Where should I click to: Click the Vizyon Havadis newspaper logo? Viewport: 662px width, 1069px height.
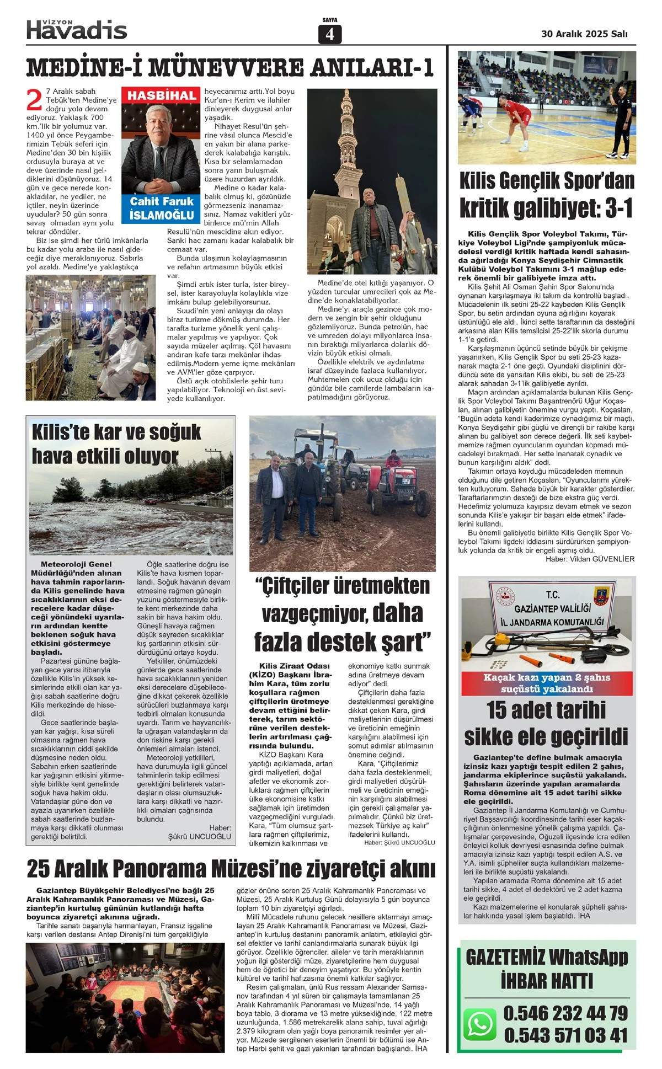pyautogui.click(x=77, y=29)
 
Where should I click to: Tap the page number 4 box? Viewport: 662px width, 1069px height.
pyautogui.click(x=330, y=34)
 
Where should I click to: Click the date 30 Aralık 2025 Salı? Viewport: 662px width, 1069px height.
pyautogui.click(x=584, y=34)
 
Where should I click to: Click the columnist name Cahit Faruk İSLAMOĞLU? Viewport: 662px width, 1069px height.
pyautogui.click(x=162, y=209)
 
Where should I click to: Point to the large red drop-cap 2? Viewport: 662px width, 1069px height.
pyautogui.click(x=34, y=100)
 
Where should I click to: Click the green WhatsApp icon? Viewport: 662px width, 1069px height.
pyautogui.click(x=480, y=1024)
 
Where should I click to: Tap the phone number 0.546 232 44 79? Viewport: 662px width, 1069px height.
pyautogui.click(x=565, y=1013)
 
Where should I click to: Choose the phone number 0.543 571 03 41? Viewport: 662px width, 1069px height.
pyautogui.click(x=565, y=1035)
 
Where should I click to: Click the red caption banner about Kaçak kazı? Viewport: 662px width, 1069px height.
pyautogui.click(x=547, y=683)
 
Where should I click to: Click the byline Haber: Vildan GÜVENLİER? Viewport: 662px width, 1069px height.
pyautogui.click(x=590, y=559)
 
